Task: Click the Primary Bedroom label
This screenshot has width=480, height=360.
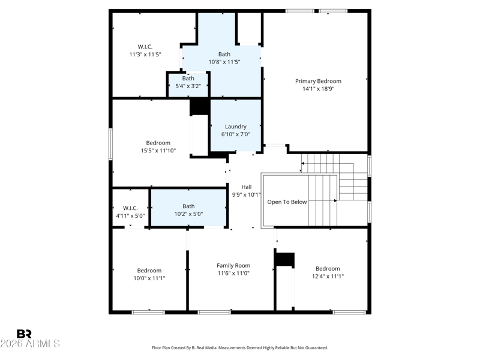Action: pos(318,81)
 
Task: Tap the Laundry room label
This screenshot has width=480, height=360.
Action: pos(235,127)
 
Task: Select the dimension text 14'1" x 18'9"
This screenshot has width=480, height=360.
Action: pos(318,89)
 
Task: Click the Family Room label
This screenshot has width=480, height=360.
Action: pos(233,265)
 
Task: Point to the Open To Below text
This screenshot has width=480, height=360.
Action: pos(287,202)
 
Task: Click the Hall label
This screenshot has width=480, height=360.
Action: pos(247,187)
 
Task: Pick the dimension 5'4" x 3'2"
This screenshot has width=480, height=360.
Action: pos(188,86)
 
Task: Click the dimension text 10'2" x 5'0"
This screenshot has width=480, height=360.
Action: pos(188,214)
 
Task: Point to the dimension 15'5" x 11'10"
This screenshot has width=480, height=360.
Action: pos(158,151)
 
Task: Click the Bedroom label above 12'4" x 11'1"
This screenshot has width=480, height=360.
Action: pos(328,268)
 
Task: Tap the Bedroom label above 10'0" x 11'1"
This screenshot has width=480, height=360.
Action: pos(149,271)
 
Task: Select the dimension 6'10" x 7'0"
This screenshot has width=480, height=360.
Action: pos(235,134)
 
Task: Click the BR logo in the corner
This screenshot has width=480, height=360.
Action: pos(24,334)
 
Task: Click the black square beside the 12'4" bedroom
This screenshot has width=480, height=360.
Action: pos(284,259)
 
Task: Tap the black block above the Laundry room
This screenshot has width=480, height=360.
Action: pos(200,106)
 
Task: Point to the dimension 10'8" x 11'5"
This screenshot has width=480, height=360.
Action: pos(224,62)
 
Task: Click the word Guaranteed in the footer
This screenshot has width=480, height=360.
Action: pos(318,348)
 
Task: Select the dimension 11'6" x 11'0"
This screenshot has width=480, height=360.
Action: pos(233,273)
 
